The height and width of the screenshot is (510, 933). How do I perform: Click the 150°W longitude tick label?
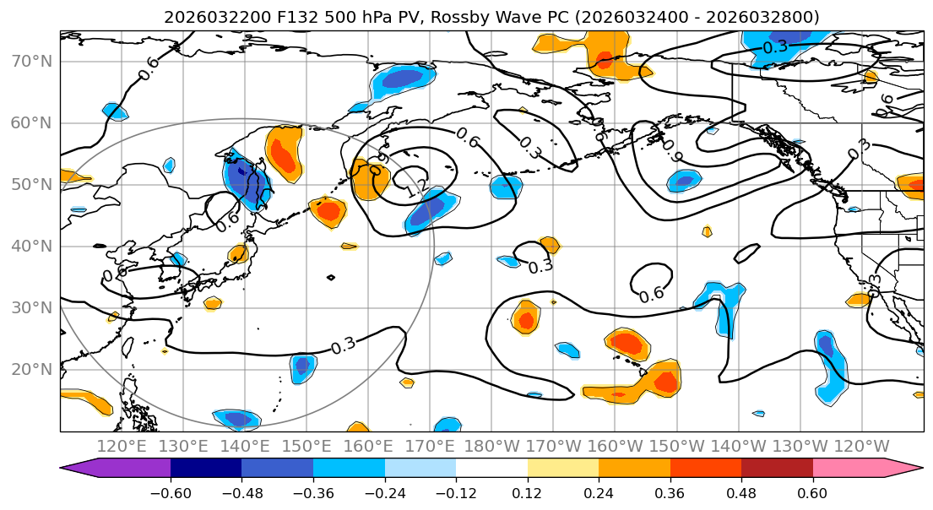point(677,446)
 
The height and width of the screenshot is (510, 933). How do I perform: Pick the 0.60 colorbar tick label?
point(812,491)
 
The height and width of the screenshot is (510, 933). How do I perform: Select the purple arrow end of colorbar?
point(80,469)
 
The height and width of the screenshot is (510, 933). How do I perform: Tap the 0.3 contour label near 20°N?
point(343,345)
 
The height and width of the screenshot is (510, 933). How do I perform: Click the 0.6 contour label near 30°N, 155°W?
point(651,295)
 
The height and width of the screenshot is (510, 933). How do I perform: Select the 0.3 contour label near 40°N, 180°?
point(540,267)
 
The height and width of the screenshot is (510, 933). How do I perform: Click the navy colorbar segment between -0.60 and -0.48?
point(205,469)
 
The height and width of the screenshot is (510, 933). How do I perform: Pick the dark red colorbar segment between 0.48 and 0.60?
point(777,469)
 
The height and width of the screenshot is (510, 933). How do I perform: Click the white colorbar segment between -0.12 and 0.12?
point(491,469)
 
